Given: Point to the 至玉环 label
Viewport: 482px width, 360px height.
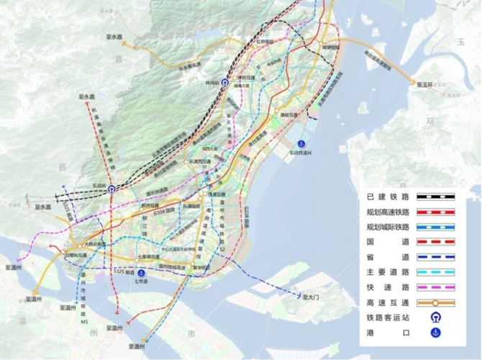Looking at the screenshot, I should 427,85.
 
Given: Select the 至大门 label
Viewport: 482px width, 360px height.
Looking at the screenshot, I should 310,296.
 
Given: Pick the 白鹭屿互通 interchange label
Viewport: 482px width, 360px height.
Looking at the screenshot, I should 76,256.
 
